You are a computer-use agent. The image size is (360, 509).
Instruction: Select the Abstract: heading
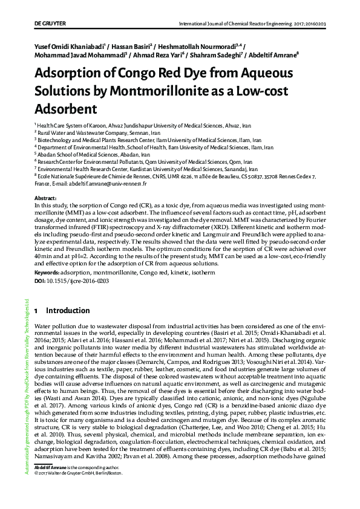[x=45, y=199]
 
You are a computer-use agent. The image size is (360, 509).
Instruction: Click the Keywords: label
[x=47, y=273]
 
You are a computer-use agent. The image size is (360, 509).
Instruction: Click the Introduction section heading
[x=68, y=311]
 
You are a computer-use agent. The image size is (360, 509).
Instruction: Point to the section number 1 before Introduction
[x=36, y=311]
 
